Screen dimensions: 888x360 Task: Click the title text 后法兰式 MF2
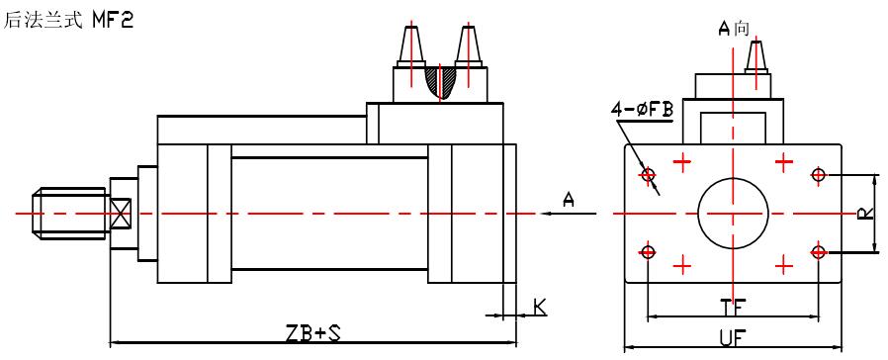[68, 20]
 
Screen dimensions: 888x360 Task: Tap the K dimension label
[540, 307]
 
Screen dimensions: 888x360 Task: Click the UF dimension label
[733, 338]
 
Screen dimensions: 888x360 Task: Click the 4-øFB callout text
[642, 109]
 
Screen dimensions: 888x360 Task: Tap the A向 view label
[734, 28]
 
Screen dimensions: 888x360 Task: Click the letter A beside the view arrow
[569, 199]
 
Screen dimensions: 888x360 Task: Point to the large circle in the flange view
[733, 179]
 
